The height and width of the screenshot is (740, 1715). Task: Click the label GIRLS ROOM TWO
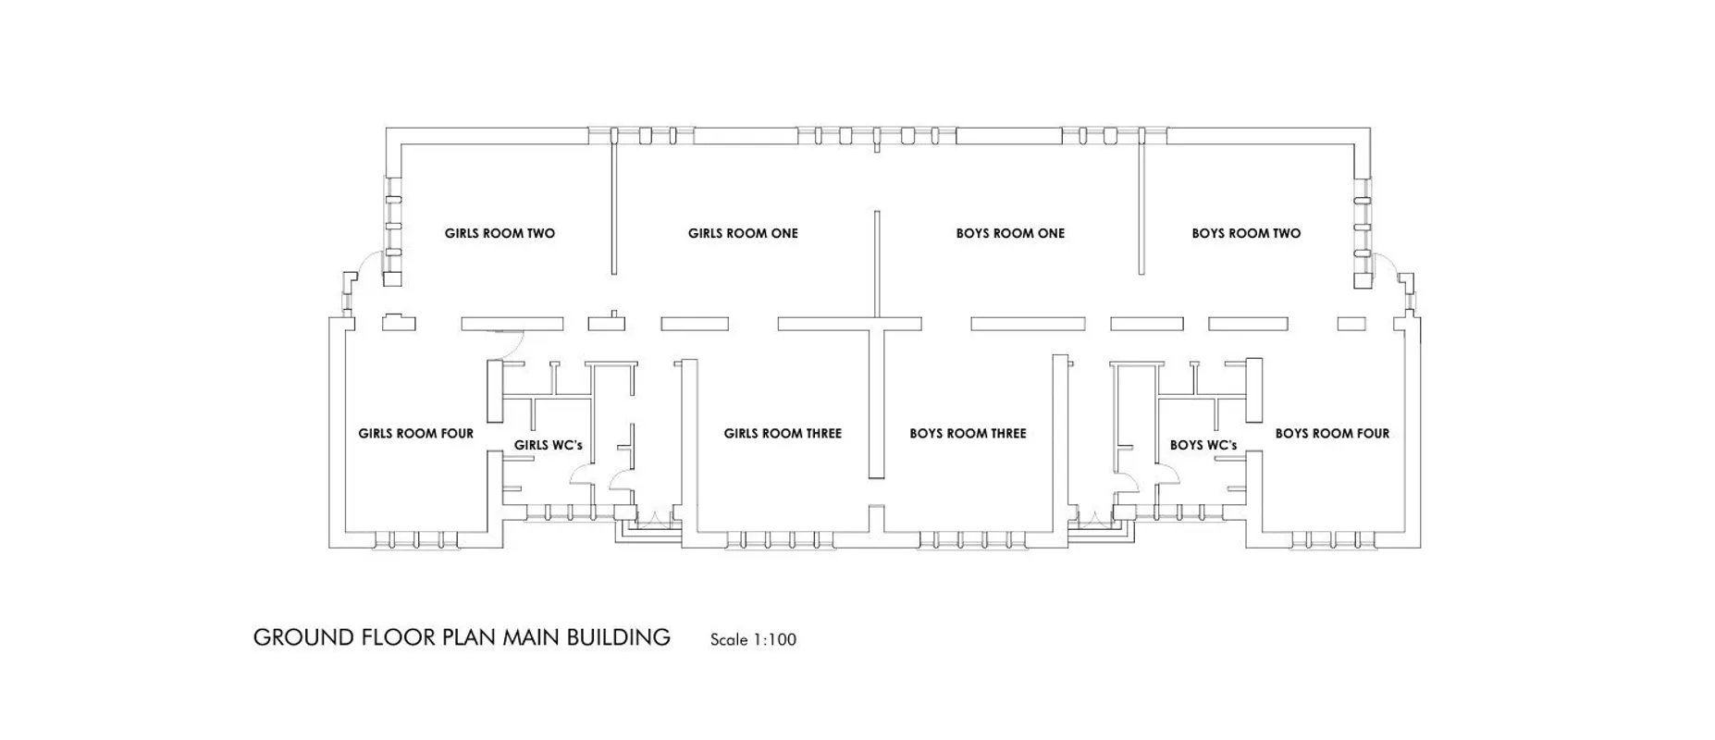pos(500,233)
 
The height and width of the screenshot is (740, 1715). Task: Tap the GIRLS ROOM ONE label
pos(743,233)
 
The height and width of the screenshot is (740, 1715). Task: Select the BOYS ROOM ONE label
pos(1010,233)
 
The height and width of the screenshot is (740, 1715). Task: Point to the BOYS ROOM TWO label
pos(1246,233)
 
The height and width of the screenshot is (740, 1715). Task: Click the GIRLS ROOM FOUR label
pos(415,433)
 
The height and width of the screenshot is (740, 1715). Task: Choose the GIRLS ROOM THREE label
pos(783,433)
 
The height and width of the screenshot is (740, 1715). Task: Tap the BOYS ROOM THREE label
pos(968,433)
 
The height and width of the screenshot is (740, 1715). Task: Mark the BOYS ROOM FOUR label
pos(1332,433)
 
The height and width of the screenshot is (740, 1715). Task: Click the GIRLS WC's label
pos(549,445)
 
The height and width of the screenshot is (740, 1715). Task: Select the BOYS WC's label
pos(1203,445)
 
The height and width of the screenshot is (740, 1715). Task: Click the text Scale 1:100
pos(753,639)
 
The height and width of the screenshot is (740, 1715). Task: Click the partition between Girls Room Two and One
pos(613,202)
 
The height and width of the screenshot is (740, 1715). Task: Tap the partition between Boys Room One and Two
pos(1141,202)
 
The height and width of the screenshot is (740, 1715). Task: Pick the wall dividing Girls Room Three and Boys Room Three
pos(876,403)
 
